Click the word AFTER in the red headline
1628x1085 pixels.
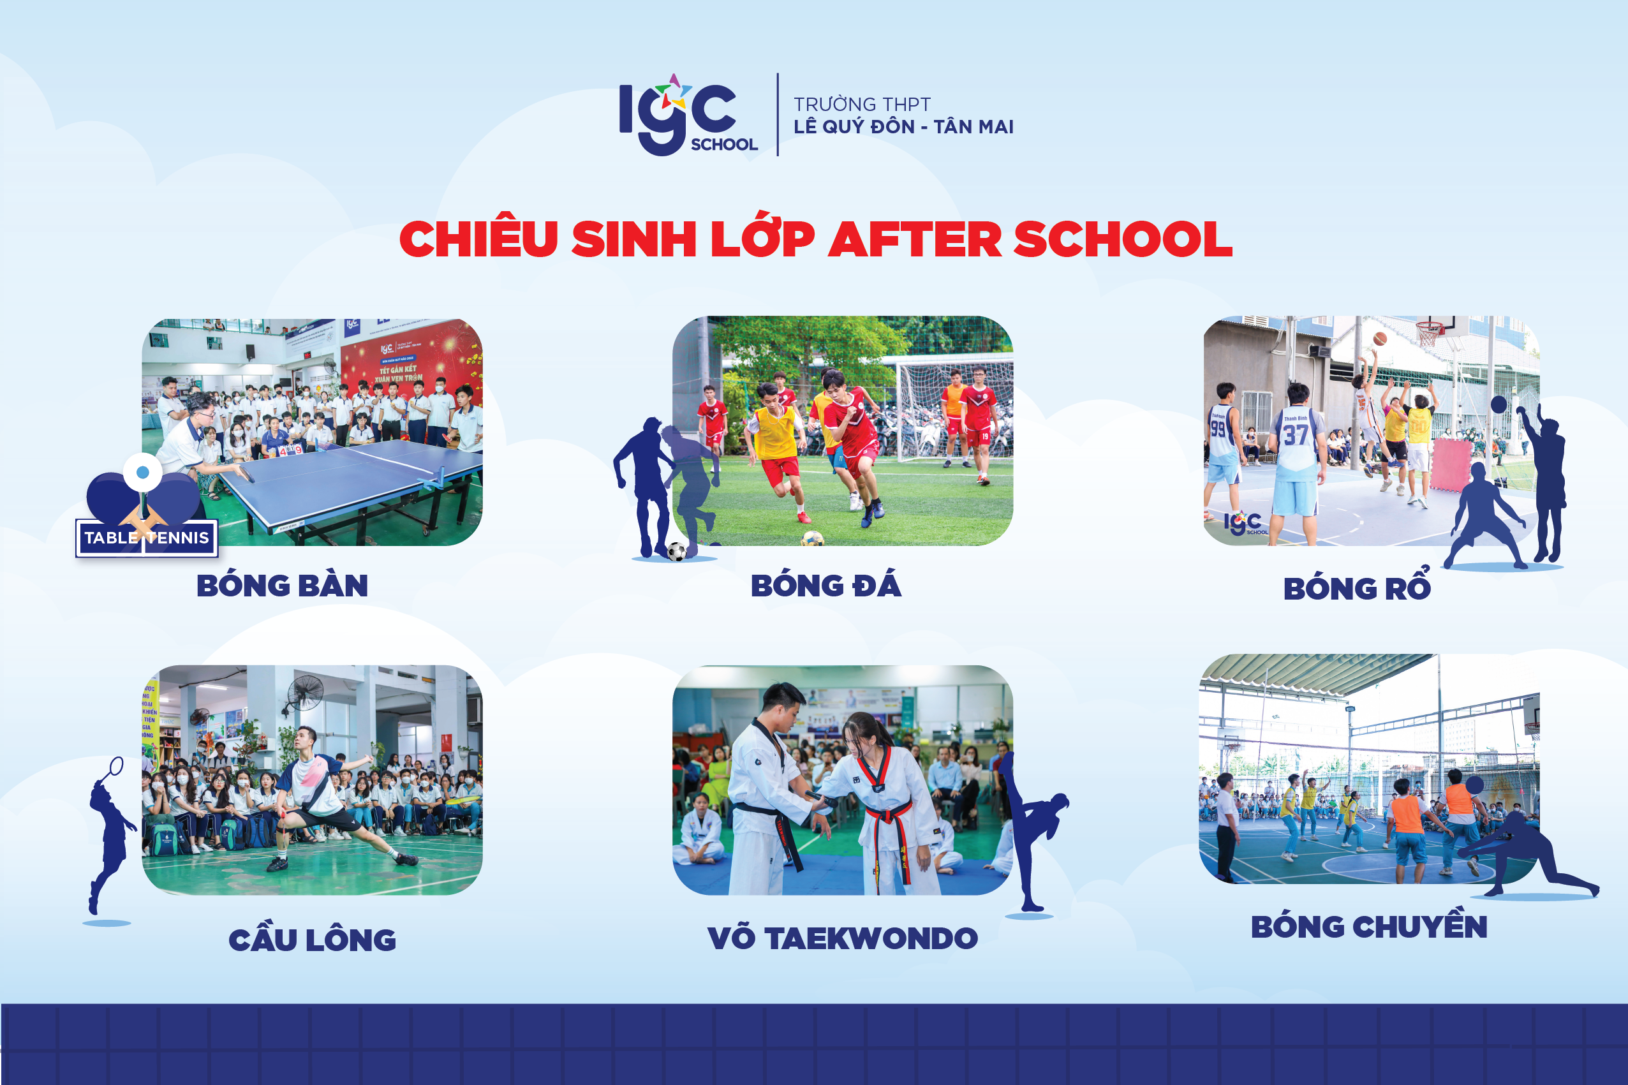(914, 239)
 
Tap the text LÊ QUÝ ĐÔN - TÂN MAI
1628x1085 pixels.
(903, 128)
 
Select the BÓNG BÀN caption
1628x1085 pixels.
(283, 586)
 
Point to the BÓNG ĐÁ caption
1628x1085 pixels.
(825, 586)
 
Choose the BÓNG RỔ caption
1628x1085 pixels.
(1356, 589)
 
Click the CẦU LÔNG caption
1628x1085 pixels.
(312, 940)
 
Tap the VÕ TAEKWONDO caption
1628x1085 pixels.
(842, 938)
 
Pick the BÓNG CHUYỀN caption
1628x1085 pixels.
(1368, 927)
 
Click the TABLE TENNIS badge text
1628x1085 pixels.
(147, 538)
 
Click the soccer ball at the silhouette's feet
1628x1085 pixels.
(676, 552)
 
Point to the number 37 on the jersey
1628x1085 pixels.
(1295, 435)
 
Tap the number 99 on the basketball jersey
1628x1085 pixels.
(1218, 429)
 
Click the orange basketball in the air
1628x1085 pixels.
(1380, 338)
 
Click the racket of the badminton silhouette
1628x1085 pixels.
(115, 767)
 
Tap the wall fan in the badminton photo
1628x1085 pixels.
(304, 693)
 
